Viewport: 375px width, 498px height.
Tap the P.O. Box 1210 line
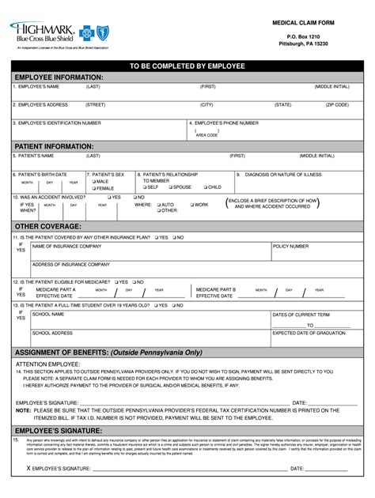tap(304, 36)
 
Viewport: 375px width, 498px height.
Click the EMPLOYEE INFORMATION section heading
tap(54, 77)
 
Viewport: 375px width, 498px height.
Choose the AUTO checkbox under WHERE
tap(158, 205)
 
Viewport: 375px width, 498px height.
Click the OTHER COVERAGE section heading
tap(44, 226)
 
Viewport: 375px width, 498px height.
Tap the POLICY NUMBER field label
tap(290, 247)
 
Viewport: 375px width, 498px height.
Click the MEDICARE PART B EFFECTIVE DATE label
tap(214, 292)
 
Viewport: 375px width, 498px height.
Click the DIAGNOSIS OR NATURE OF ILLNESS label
tap(283, 173)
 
